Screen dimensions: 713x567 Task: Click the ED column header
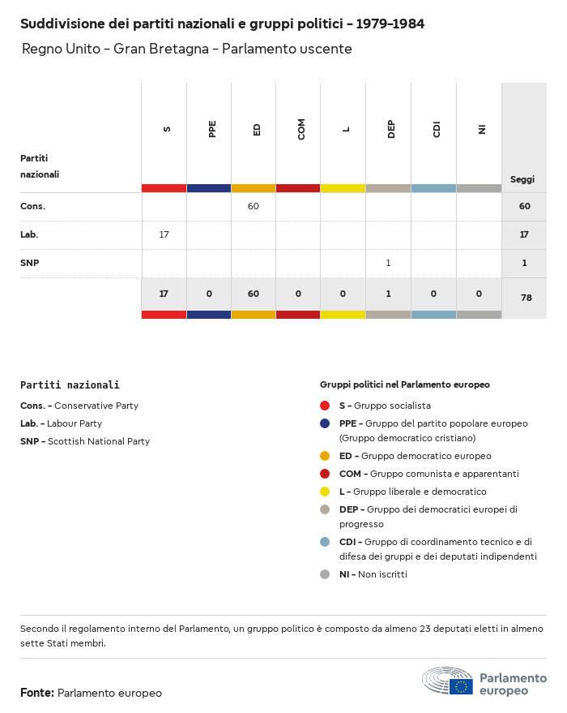coord(257,129)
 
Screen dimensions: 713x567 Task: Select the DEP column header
coord(391,129)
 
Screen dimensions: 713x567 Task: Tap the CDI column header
coord(437,129)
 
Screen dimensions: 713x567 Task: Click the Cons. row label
coord(33,206)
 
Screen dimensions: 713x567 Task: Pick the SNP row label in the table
coord(30,263)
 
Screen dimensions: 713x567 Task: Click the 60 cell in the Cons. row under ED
coord(254,206)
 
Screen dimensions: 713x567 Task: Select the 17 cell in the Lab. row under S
coord(164,234)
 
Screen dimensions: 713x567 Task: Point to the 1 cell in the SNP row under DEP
coord(388,263)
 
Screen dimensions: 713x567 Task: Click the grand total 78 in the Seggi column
coord(526,298)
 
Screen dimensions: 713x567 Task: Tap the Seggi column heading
coord(522,179)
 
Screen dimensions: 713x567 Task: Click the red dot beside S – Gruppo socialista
coord(325,406)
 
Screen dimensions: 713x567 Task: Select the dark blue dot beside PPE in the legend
coord(325,423)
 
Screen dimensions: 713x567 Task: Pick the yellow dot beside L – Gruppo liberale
coord(325,492)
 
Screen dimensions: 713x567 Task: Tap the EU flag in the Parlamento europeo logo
coord(462,686)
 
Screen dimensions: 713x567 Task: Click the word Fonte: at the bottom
coord(37,693)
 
